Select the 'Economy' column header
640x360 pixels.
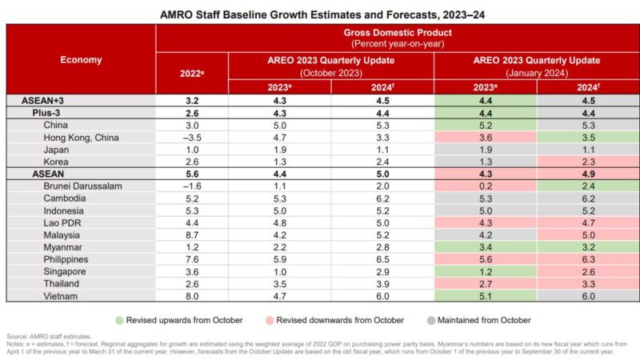[81, 59]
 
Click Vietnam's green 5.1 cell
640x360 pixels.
[485, 294]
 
